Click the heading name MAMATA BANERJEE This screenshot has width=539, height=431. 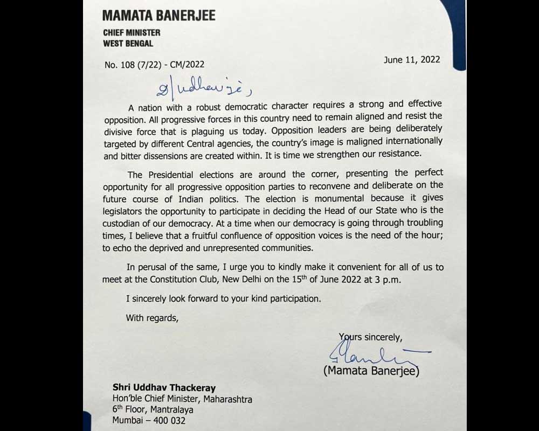[159, 14]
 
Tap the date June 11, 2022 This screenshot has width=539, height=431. [412, 60]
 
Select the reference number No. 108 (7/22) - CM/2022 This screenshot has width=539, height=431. [155, 65]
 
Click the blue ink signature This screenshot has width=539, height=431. [372, 355]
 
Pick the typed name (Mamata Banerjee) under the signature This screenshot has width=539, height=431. [371, 371]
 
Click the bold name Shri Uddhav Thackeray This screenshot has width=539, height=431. [160, 387]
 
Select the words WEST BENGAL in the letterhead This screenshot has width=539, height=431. [128, 44]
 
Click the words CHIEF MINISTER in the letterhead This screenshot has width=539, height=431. [132, 32]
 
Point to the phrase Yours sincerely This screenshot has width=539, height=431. [370, 337]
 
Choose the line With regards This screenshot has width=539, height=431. [151, 318]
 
